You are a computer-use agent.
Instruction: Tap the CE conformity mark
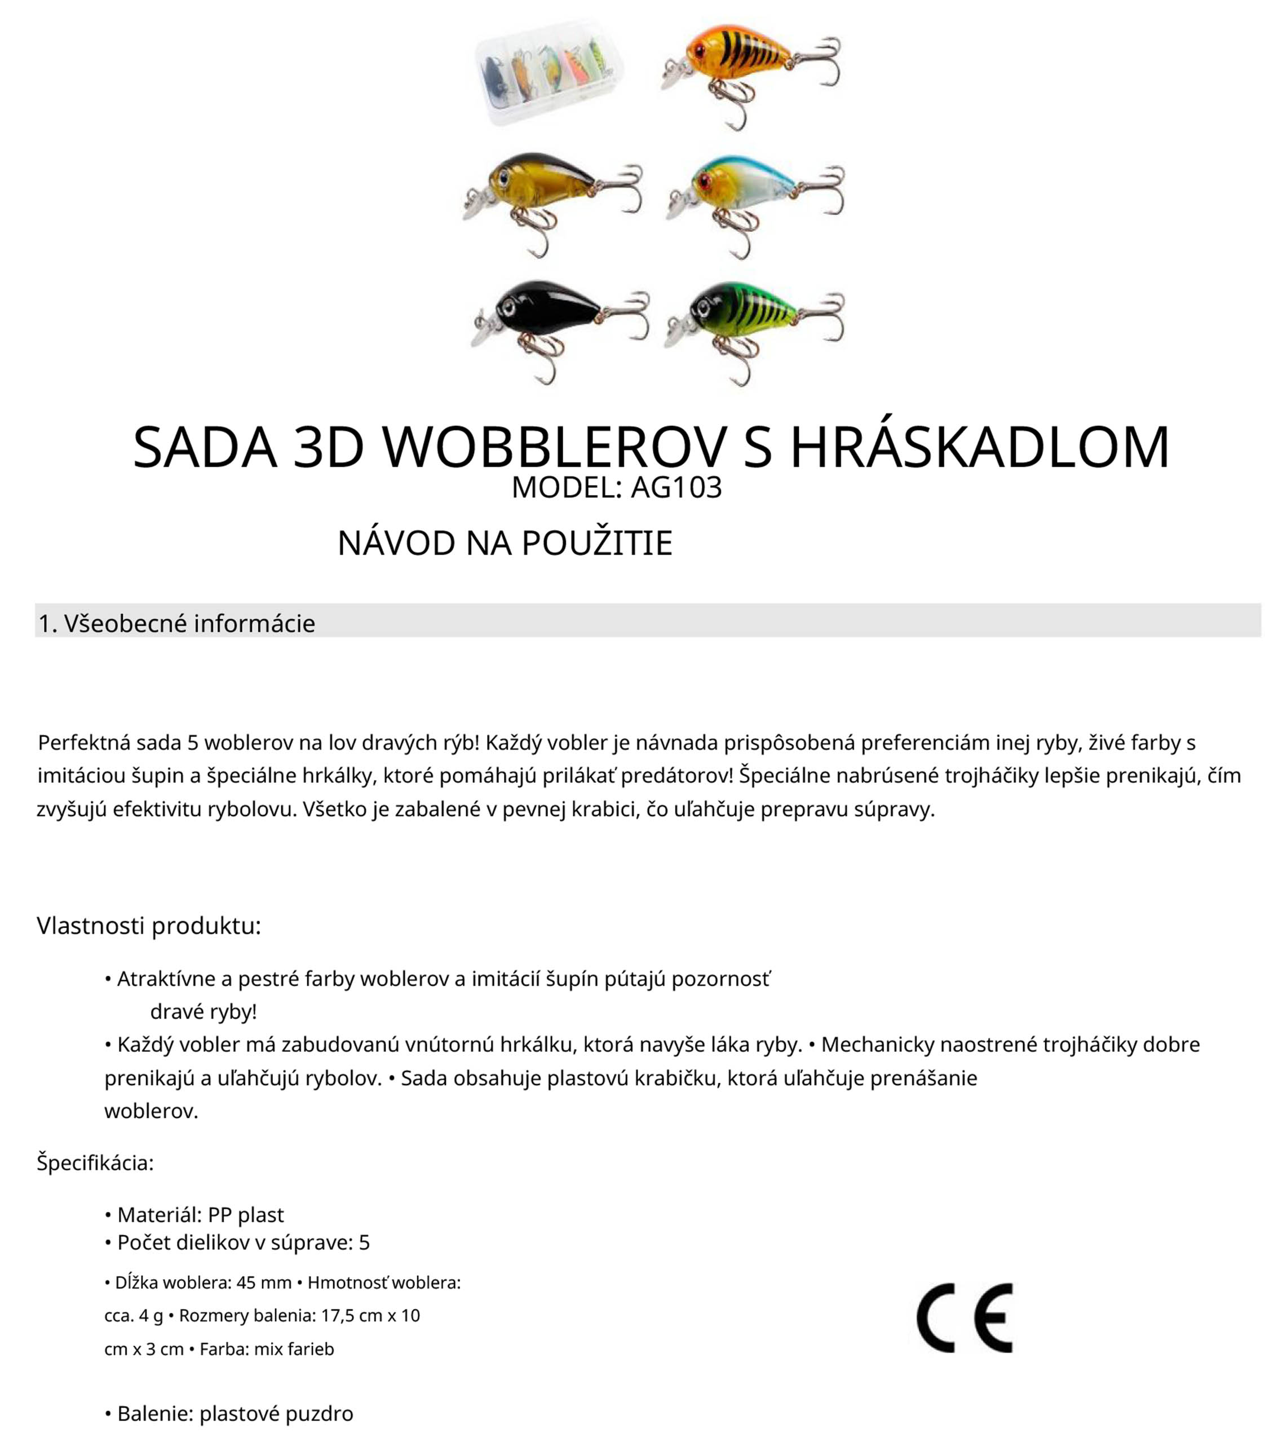point(965,1317)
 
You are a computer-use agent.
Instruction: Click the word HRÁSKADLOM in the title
point(979,448)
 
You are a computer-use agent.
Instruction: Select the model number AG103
point(676,488)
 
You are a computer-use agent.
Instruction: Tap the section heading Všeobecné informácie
point(189,623)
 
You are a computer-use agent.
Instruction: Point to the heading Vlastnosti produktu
point(149,925)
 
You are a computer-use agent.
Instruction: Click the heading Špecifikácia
point(95,1163)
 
